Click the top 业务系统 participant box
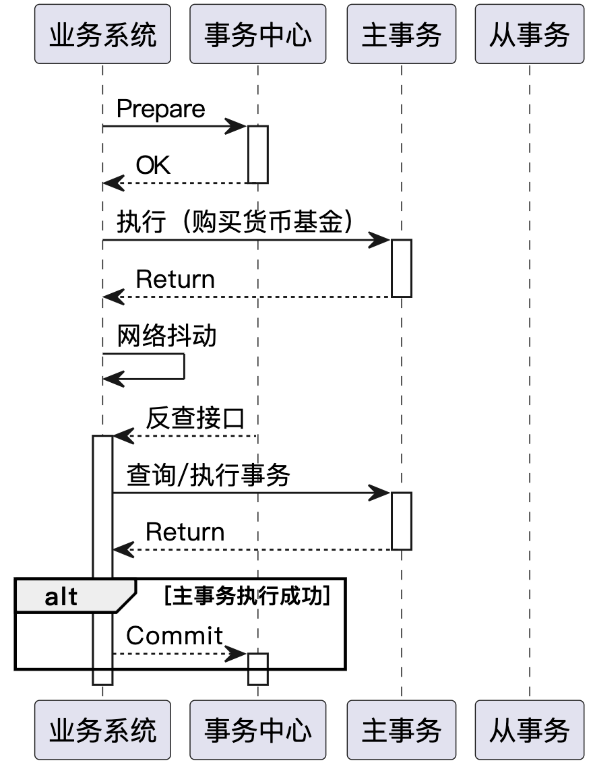tap(102, 34)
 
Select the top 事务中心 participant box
tap(257, 34)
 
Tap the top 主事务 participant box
tap(402, 34)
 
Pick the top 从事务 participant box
tap(530, 34)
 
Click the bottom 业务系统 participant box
tap(102, 729)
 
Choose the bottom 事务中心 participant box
tap(257, 729)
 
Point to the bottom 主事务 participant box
tap(402, 729)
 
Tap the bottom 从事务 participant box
tap(530, 729)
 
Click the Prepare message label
tap(161, 109)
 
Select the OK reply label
tap(153, 165)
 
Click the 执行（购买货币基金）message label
tap(235, 222)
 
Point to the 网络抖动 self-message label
tap(166, 336)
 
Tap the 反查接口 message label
tap(195, 419)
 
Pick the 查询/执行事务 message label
tap(208, 475)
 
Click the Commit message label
tap(175, 636)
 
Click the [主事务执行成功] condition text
tap(247, 596)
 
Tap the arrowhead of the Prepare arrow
tap(237, 127)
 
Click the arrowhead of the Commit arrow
tap(237, 654)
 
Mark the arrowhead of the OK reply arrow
tap(113, 184)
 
